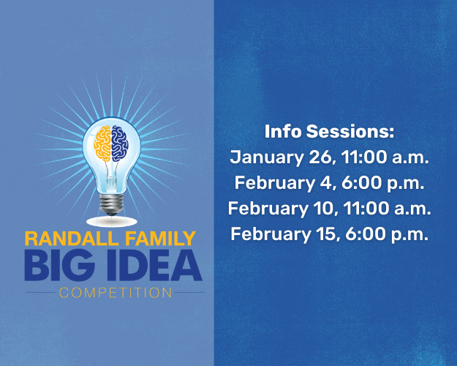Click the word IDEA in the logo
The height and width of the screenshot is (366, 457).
[x=150, y=266]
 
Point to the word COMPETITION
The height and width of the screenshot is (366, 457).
[x=116, y=294]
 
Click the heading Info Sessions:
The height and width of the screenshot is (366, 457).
[x=329, y=132]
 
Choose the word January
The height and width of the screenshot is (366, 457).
[x=263, y=157]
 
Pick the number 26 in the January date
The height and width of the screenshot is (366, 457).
[x=314, y=157]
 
